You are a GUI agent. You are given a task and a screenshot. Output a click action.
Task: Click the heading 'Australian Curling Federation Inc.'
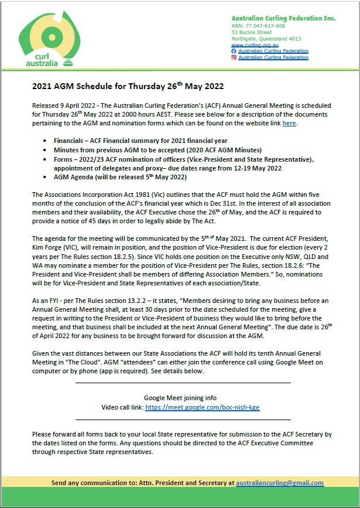point(283,18)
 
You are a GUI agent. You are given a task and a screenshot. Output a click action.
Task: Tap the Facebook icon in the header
point(234,52)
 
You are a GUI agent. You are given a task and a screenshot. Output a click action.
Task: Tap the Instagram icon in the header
point(234,57)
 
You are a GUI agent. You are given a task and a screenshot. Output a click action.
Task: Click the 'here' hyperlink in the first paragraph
point(289,123)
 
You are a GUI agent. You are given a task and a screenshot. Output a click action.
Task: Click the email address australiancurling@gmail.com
point(279,483)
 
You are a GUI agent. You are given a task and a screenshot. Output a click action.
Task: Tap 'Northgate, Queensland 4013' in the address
point(266,39)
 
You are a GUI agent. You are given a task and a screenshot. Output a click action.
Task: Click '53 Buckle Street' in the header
point(252,32)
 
